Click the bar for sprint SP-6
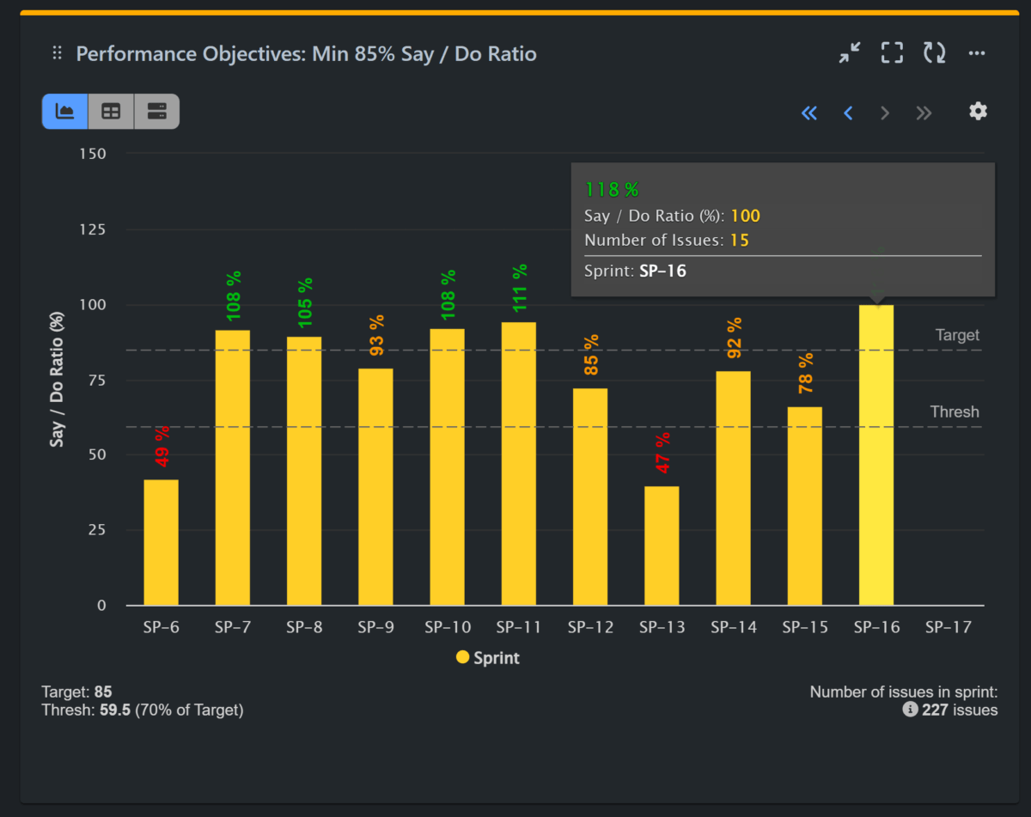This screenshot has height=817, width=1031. pos(161,542)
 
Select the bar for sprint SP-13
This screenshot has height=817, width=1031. pos(662,546)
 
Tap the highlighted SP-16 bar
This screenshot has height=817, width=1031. pos(875,455)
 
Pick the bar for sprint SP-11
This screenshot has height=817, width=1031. pos(518,464)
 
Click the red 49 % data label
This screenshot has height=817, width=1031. pos(162,447)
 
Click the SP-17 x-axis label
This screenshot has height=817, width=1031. pos(948,627)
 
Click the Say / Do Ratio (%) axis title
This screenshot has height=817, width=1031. pos(58,380)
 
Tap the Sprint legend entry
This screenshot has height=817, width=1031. pos(487,658)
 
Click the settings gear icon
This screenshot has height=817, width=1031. pos(978,112)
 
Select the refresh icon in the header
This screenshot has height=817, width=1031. pos(934,53)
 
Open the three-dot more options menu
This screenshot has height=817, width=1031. pos(977,53)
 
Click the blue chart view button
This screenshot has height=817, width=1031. pos(64,112)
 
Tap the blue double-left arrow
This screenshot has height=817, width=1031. pos(808,113)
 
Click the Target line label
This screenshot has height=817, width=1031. pos(957,335)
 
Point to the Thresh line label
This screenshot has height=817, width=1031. pos(955,412)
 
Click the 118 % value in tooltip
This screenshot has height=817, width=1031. pos(612,190)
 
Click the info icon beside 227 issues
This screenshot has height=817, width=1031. pos(910,710)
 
